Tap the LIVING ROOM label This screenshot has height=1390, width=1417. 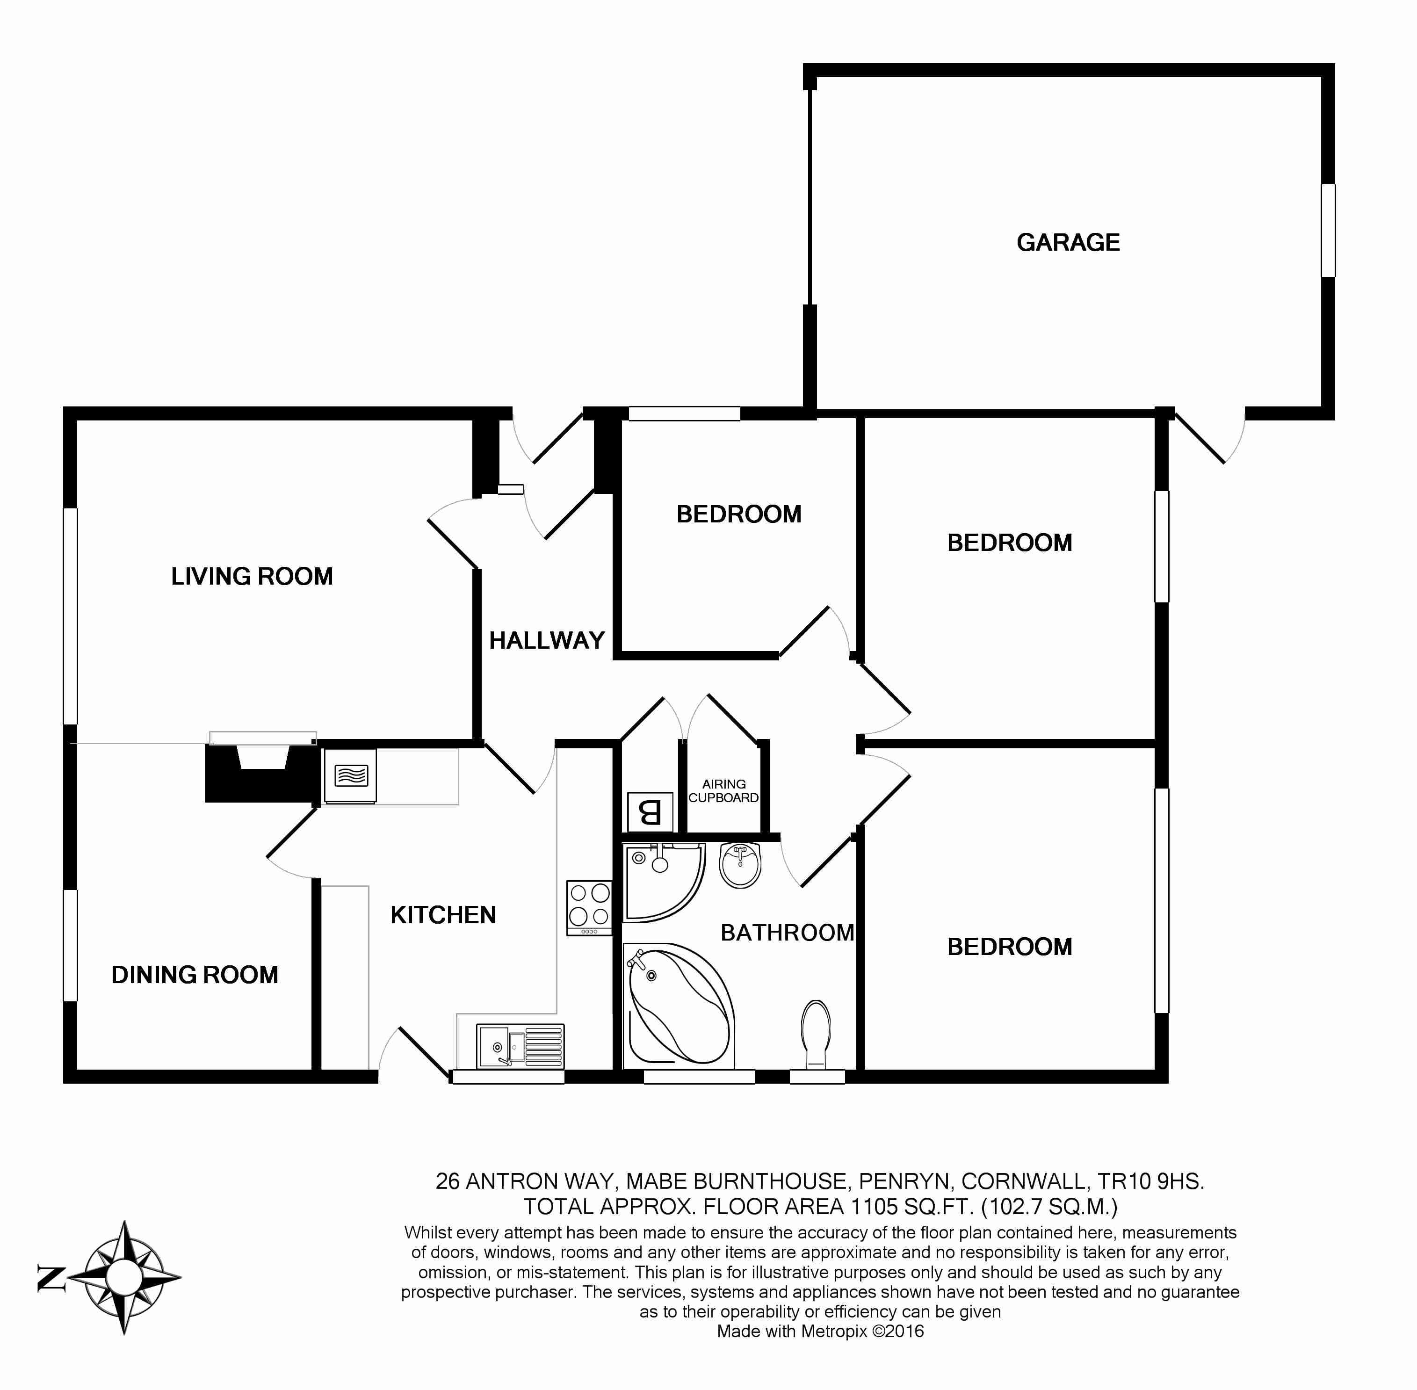pos(252,577)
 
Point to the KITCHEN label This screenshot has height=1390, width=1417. pos(443,915)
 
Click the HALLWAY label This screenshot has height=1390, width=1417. pos(547,640)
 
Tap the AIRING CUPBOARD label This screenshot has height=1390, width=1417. pos(723,790)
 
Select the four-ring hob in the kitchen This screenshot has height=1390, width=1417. pos(589,907)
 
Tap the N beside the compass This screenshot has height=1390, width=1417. pos(51,1278)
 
